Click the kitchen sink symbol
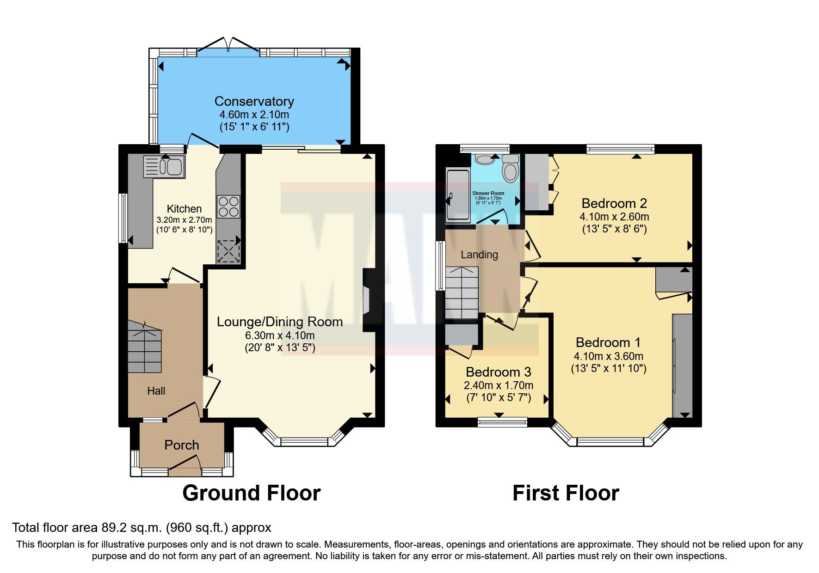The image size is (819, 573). [x=164, y=167]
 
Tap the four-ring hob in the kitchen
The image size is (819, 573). [x=228, y=206]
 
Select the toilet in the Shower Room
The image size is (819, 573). [x=511, y=169]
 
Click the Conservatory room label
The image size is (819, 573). [x=254, y=101]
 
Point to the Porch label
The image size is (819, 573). [x=182, y=445]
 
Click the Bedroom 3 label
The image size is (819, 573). [x=498, y=372]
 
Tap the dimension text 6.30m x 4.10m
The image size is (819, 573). [x=280, y=335]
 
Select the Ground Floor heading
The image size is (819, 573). [x=251, y=493]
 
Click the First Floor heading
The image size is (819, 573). [x=566, y=493]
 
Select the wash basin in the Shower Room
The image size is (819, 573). [x=485, y=159]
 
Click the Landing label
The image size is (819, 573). [x=479, y=255]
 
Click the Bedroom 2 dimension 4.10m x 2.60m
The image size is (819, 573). [x=614, y=217]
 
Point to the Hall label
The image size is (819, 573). [x=156, y=391]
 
